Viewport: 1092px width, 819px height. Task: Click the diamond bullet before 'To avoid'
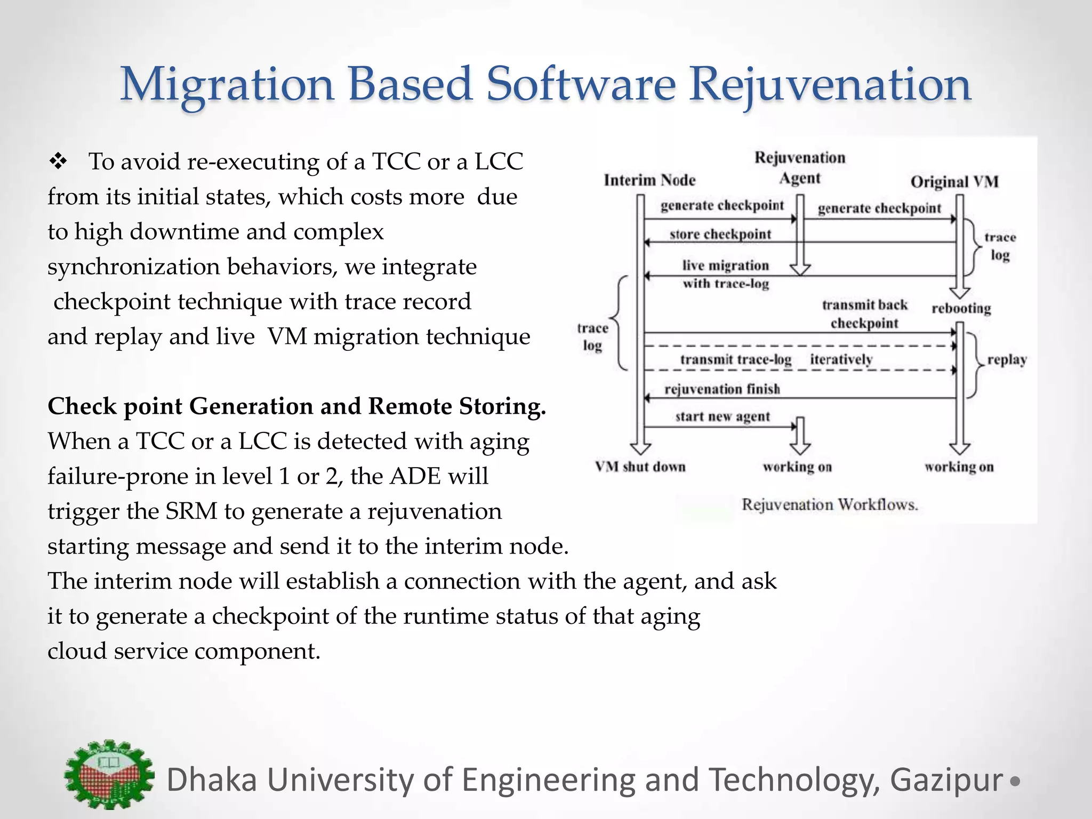[57, 162]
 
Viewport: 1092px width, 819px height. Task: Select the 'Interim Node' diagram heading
[649, 180]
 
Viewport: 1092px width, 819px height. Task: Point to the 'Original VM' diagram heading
[954, 182]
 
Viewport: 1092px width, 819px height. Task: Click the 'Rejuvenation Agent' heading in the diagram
[800, 167]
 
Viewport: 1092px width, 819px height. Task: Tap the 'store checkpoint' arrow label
[720, 234]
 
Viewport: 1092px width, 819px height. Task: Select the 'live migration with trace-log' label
[726, 274]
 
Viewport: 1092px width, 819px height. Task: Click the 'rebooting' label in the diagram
[961, 308]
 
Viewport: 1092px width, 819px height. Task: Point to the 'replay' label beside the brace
[1007, 359]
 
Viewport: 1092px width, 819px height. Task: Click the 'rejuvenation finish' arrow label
[722, 389]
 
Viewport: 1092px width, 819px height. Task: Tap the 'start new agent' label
[722, 416]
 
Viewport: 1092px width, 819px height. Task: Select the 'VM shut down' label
[640, 467]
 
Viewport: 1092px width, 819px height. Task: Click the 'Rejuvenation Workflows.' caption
[830, 504]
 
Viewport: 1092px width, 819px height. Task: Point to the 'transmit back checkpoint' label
[864, 314]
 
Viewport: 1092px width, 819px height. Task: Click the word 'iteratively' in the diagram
[841, 359]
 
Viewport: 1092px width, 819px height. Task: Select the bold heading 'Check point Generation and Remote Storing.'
[296, 406]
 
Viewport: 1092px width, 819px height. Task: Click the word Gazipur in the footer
[946, 780]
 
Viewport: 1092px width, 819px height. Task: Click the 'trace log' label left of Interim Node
[592, 336]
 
